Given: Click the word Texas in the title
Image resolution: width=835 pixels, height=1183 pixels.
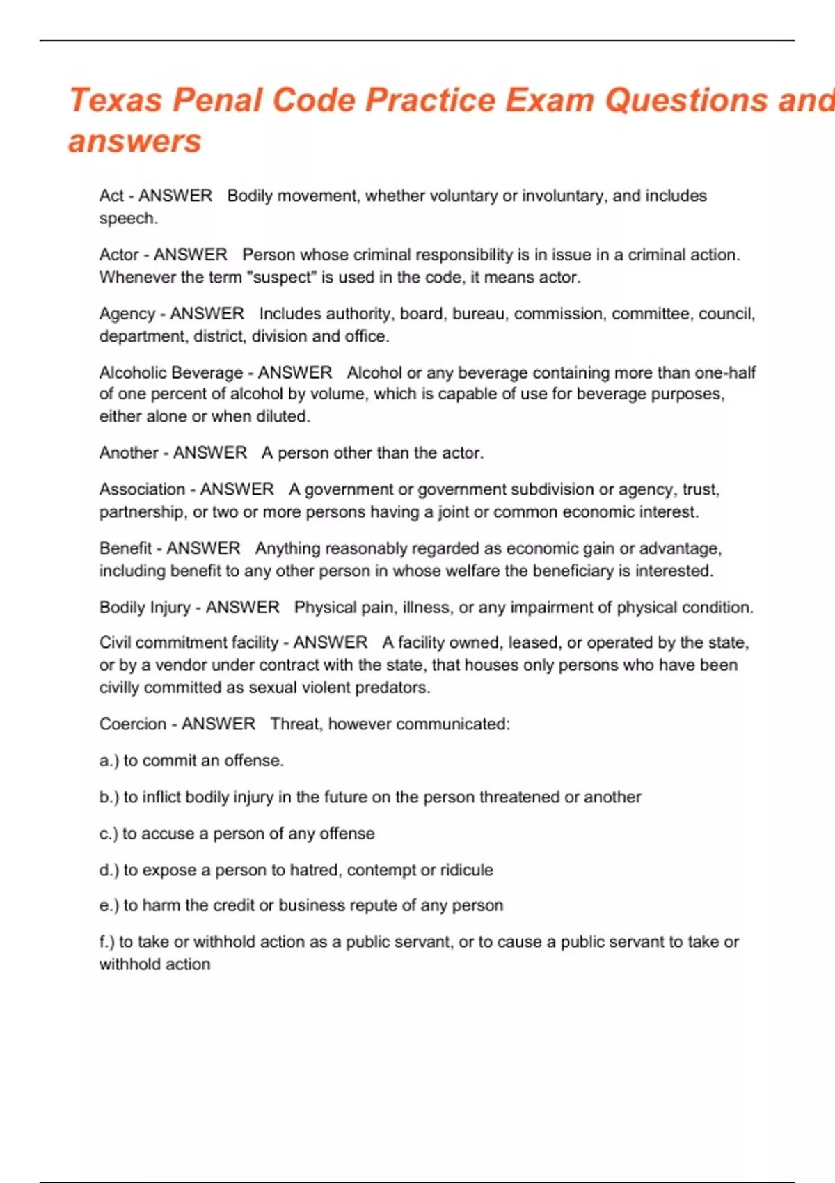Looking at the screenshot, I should click(x=116, y=100).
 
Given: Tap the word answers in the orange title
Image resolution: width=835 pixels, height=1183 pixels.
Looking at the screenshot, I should click(x=134, y=141).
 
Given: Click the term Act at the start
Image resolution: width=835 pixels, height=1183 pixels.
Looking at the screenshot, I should click(x=111, y=196).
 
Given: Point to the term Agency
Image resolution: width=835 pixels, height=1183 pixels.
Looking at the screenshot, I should click(x=127, y=314).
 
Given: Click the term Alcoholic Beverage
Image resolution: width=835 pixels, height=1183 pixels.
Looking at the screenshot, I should click(x=170, y=372).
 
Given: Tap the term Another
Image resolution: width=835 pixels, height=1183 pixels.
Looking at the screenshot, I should click(x=129, y=452).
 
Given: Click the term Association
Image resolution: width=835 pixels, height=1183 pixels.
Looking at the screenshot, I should click(x=142, y=489).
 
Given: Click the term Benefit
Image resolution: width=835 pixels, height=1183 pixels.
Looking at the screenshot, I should click(x=125, y=548).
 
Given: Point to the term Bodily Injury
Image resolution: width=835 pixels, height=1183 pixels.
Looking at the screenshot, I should click(x=145, y=608).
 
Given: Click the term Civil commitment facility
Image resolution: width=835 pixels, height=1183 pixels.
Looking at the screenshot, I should click(x=189, y=642).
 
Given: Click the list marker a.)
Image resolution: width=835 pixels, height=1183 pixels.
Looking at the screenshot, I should click(x=109, y=761).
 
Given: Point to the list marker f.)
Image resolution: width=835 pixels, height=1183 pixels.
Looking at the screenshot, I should click(x=107, y=942).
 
